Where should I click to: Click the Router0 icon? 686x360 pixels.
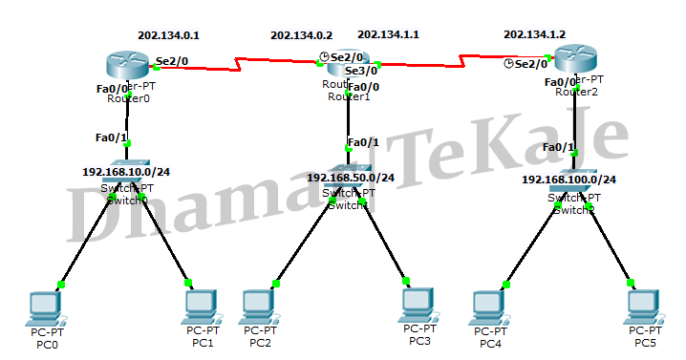pyautogui.click(x=125, y=66)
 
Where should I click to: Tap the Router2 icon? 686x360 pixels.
pyautogui.click(x=576, y=59)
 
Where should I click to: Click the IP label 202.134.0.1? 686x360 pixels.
pyautogui.click(x=168, y=34)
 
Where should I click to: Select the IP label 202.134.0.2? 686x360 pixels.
pyautogui.click(x=302, y=34)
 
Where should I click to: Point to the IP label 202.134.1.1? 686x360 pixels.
pyautogui.click(x=388, y=34)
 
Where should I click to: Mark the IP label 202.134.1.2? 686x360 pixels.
pyautogui.click(x=534, y=34)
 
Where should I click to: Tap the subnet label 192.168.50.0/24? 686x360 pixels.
pyautogui.click(x=351, y=177)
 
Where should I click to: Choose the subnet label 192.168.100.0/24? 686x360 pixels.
pyautogui.click(x=568, y=179)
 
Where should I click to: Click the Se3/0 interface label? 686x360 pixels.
pyautogui.click(x=360, y=70)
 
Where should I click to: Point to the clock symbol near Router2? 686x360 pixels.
pyautogui.click(x=508, y=64)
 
